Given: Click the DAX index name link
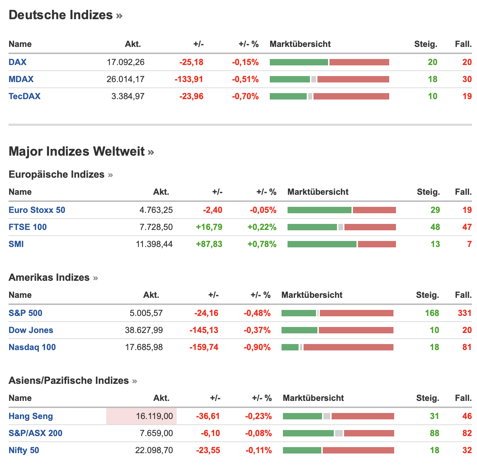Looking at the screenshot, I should point(17,62).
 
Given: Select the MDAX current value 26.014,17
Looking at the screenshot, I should point(125,79).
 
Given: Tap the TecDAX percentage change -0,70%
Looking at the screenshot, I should point(245,96).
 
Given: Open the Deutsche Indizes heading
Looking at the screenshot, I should point(61,15).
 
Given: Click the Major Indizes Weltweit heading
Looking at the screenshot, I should point(77,151).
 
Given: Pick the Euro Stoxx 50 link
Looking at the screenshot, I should point(37,210).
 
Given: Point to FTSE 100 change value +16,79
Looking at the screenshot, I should point(209,227).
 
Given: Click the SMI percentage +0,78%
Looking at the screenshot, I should point(262,244).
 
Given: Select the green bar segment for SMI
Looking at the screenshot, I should point(322,244).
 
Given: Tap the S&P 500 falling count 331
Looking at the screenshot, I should point(465,313).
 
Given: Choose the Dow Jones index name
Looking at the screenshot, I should point(31,330).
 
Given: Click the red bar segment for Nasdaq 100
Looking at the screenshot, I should point(348,347).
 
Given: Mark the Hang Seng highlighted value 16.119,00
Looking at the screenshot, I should point(154,416).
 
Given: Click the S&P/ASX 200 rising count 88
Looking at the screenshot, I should point(434,433).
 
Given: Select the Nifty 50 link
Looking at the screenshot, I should point(24,450).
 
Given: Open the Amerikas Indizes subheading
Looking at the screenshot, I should point(49,278).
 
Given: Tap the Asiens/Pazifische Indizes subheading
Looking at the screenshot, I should point(69,381).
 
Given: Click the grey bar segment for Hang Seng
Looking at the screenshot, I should point(327,416).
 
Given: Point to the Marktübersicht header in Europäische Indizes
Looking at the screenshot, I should point(318,192).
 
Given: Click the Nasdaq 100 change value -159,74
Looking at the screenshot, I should point(204,347).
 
